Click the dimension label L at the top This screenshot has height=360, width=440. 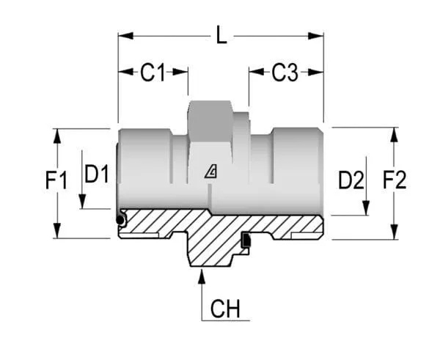[x=221, y=34]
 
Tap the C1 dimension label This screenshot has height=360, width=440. [x=153, y=73]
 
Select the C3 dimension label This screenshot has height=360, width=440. [x=285, y=73]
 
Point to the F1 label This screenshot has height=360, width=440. [x=56, y=180]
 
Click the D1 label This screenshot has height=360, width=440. [x=97, y=175]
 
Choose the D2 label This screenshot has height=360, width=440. [x=351, y=180]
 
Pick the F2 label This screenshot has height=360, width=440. [x=395, y=180]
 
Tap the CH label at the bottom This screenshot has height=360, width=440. [x=225, y=309]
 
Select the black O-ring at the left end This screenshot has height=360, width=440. [x=120, y=220]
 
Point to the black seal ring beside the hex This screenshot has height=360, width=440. [x=246, y=240]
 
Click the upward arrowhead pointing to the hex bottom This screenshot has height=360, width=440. [x=202, y=276]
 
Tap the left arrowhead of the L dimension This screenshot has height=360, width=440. [x=125, y=36]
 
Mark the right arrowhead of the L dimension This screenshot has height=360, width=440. [x=316, y=36]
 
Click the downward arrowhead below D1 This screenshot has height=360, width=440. [x=82, y=202]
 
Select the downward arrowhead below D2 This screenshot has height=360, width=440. [x=366, y=208]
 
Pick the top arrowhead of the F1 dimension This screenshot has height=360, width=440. [x=57, y=136]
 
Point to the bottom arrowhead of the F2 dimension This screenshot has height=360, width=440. [x=395, y=232]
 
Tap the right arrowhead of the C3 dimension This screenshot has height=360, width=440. [x=316, y=72]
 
